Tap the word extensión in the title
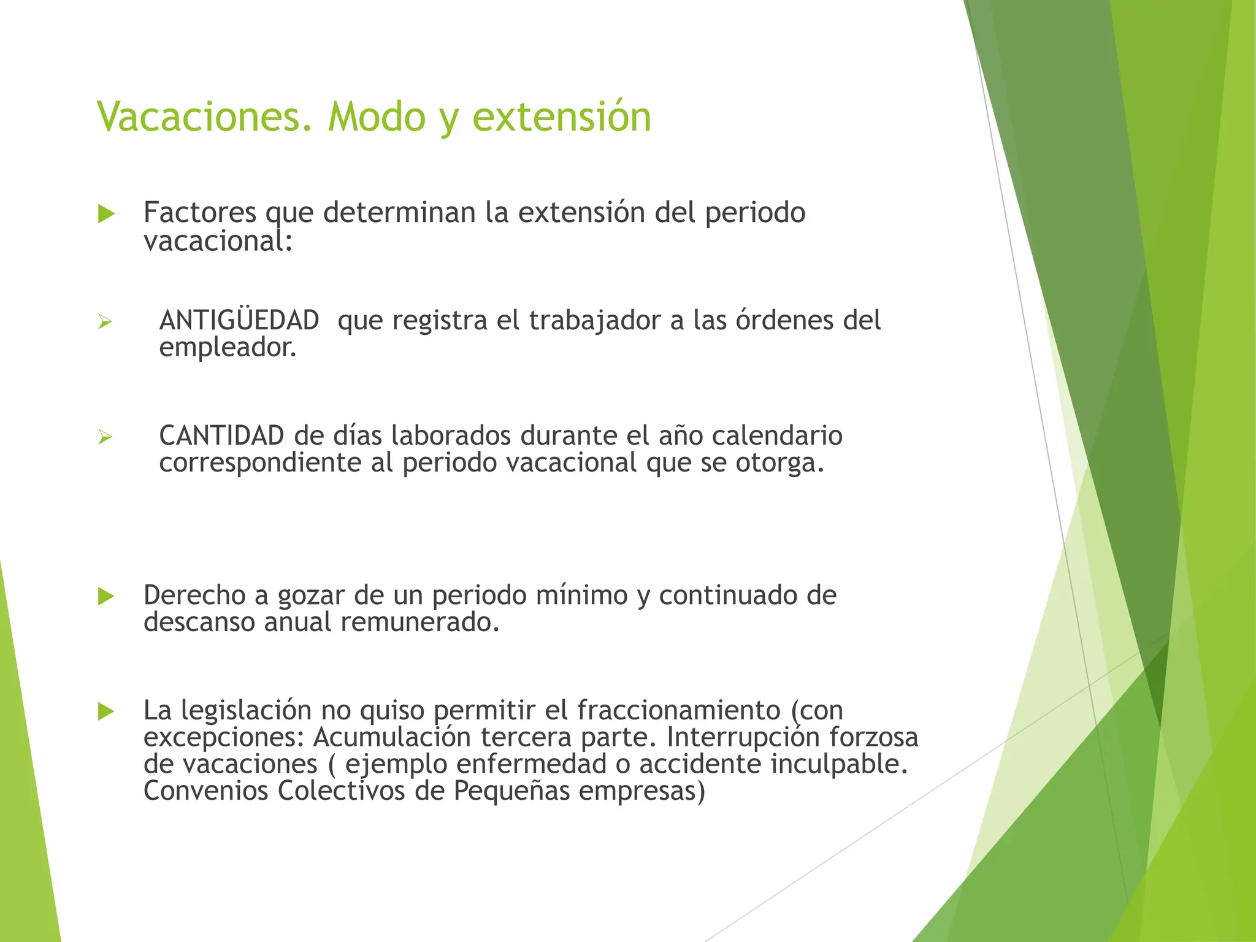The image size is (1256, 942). coord(562,116)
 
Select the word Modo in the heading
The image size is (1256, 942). coord(377,116)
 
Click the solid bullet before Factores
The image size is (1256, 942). coord(106,214)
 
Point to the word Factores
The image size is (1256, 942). coord(200,212)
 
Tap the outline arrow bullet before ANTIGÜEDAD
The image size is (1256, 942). coord(105,321)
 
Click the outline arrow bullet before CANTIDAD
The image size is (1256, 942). coord(105,437)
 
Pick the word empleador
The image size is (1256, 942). coord(228,348)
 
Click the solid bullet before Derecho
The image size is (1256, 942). coord(106,596)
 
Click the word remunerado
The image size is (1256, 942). coord(420,622)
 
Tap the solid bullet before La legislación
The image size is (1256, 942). coord(106,711)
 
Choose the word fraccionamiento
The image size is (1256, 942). coord(678,710)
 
